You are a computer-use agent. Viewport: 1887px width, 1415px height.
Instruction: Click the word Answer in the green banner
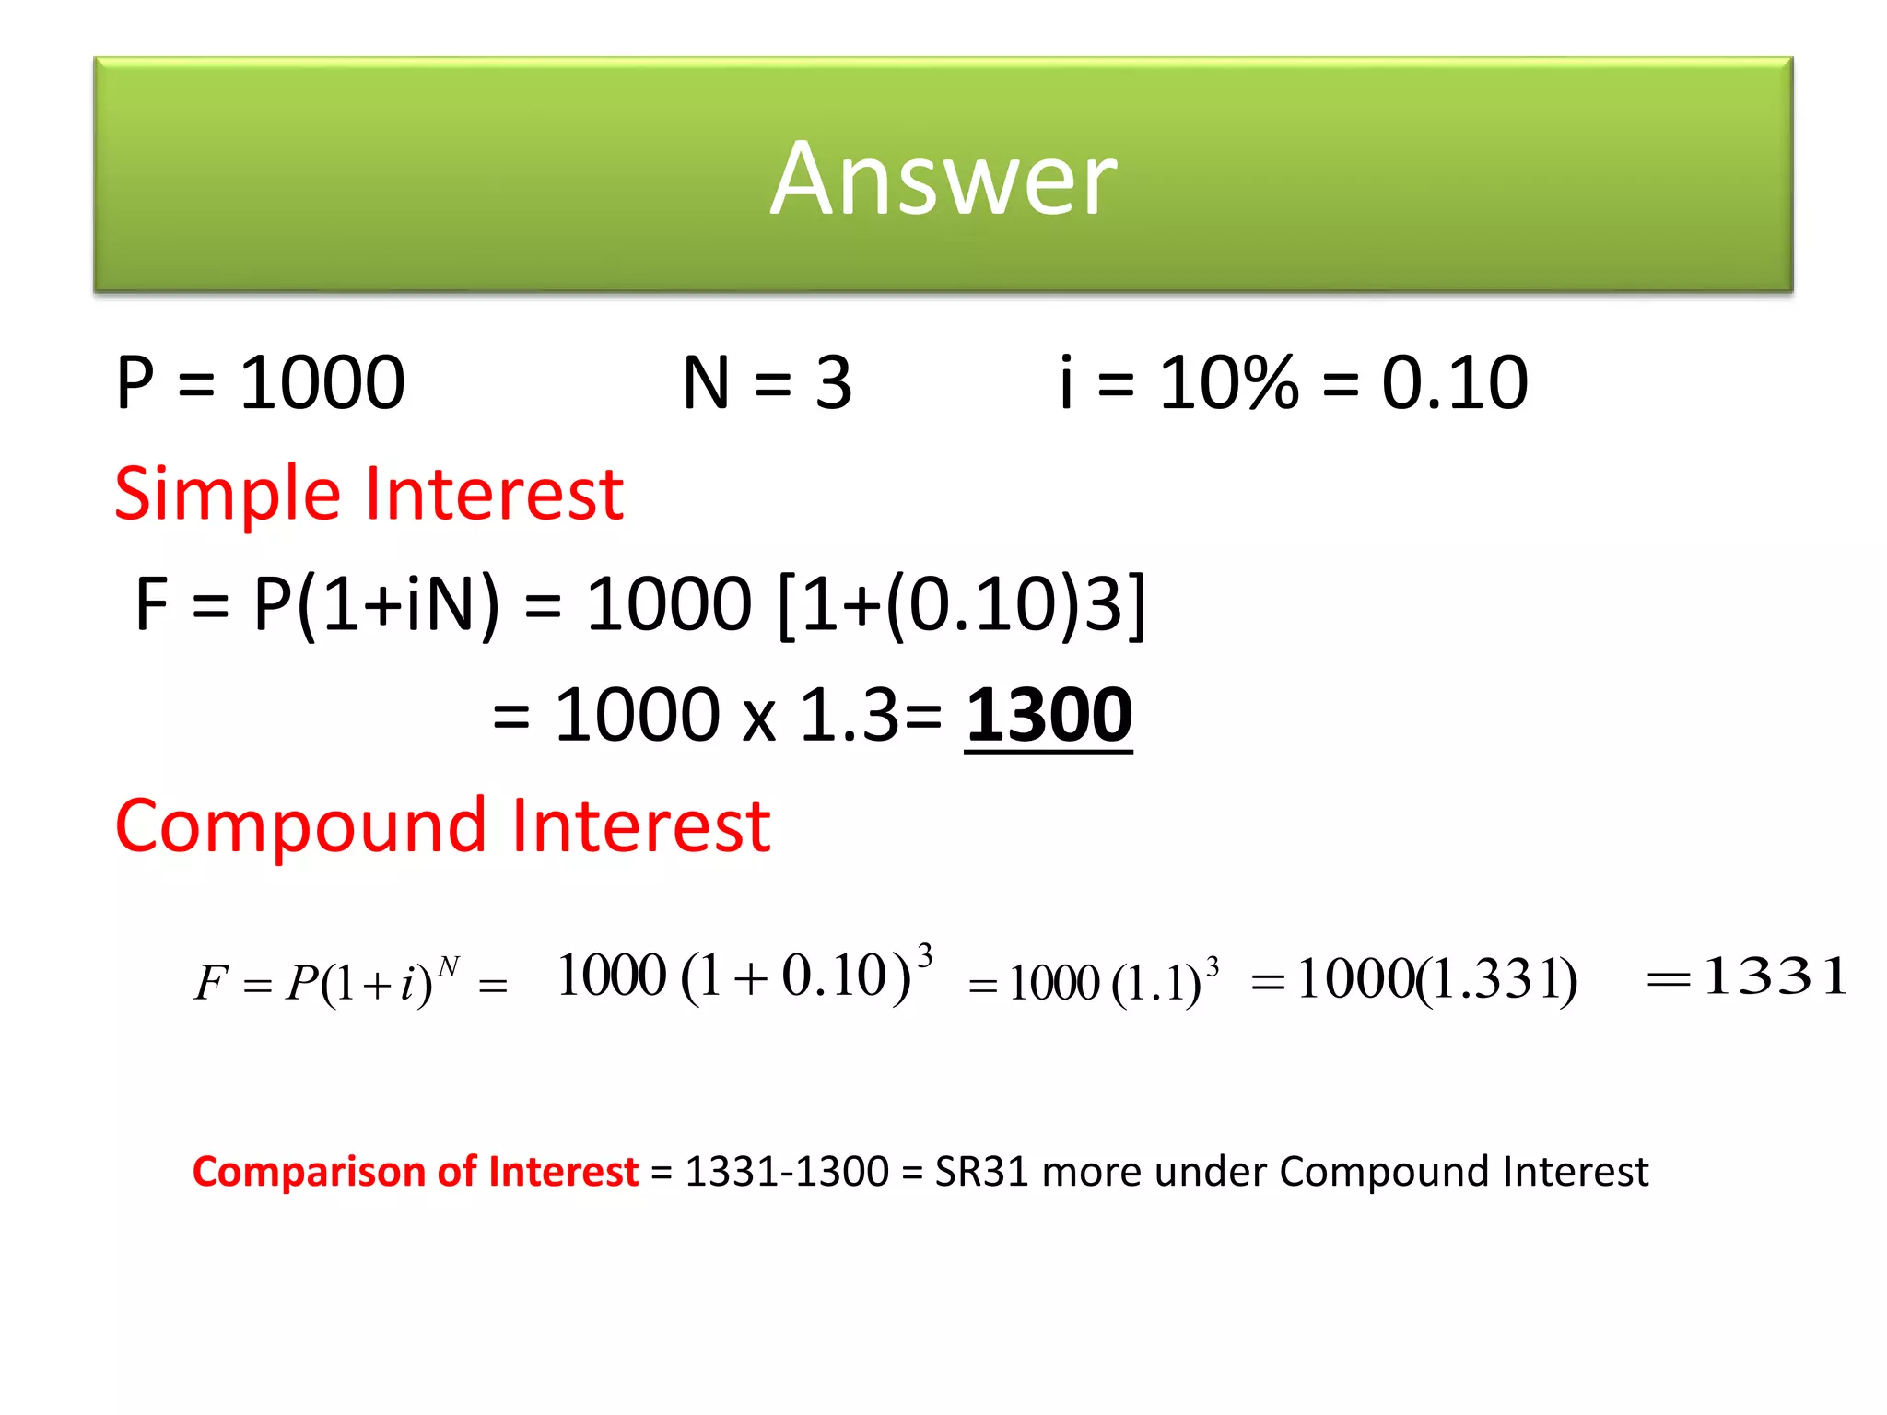(x=943, y=179)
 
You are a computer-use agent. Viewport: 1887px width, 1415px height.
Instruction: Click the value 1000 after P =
(x=322, y=382)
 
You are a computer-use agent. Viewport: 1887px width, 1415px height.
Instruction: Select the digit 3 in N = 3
(x=833, y=382)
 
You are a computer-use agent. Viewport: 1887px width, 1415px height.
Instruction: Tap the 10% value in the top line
(x=1228, y=382)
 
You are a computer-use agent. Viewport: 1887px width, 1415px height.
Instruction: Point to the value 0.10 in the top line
(x=1455, y=382)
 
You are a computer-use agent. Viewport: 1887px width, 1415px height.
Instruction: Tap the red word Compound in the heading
(x=300, y=825)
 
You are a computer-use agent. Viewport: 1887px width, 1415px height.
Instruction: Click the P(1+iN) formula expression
(x=376, y=604)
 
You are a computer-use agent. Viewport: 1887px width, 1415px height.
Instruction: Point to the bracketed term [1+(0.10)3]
(x=962, y=604)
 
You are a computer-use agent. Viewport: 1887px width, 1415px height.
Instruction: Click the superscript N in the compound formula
(x=448, y=965)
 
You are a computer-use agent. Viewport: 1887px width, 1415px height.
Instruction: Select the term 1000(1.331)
(x=1436, y=979)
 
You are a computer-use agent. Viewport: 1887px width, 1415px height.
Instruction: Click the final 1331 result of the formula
(x=1775, y=976)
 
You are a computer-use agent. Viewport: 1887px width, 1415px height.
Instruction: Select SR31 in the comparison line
(x=980, y=1172)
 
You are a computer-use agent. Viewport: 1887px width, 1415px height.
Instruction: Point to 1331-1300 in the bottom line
(x=787, y=1172)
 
